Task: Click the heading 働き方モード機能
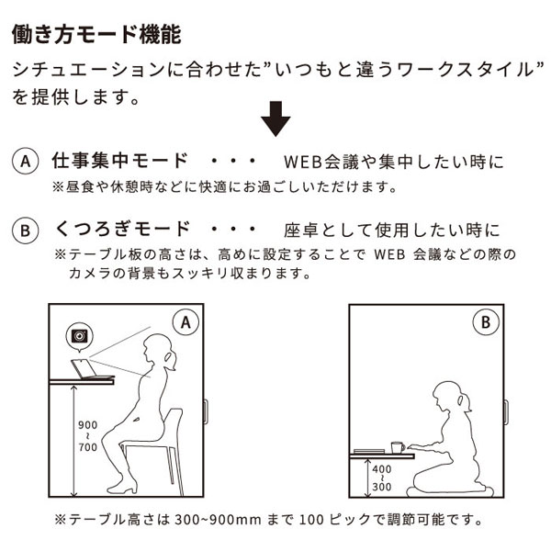coord(96,34)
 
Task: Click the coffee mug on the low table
coord(398,446)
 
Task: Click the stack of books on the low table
coord(370,449)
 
